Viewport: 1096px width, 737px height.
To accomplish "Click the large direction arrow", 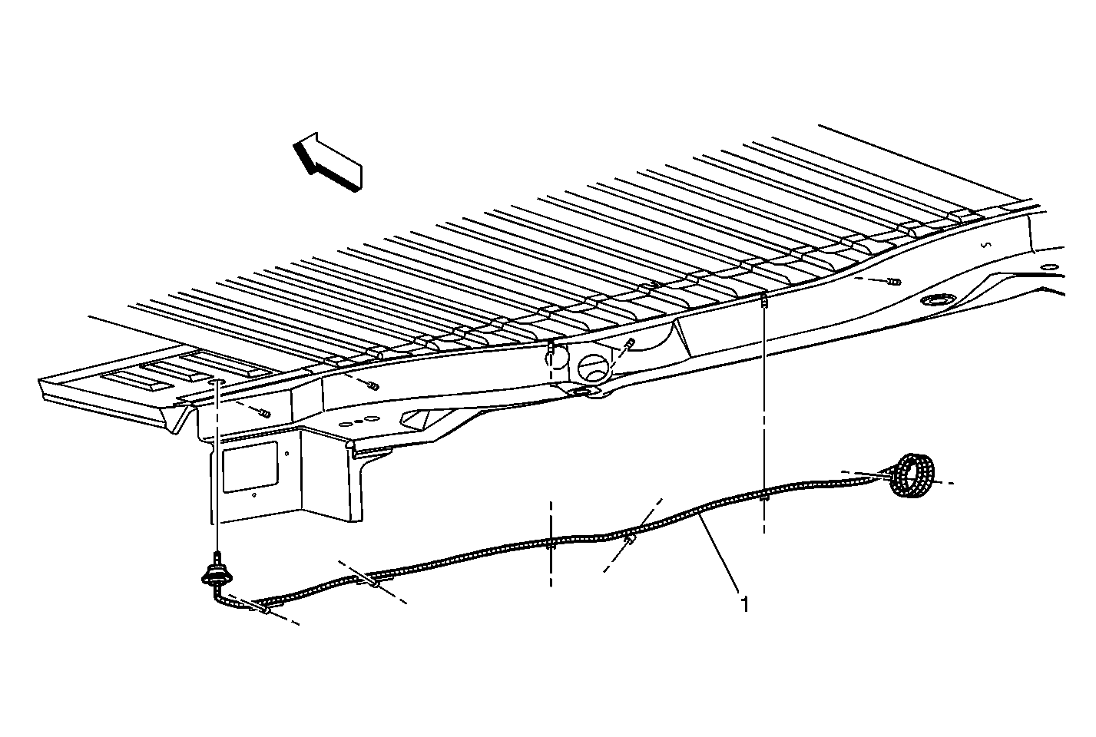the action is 328,162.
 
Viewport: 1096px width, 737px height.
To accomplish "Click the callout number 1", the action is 745,604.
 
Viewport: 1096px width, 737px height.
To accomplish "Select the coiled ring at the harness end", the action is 911,475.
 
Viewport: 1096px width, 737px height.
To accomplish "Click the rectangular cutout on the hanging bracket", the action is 250,467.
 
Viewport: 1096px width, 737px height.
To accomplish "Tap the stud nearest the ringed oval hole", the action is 895,282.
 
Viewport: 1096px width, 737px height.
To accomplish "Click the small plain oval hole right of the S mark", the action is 1050,267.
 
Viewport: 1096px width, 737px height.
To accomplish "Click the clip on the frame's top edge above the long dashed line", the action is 763,299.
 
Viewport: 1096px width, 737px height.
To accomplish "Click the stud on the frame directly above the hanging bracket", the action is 265,415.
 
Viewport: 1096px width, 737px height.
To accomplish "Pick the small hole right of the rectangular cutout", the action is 287,454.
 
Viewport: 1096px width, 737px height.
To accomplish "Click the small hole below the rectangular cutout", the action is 253,495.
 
